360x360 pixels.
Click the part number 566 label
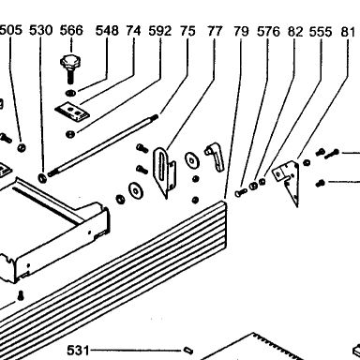click(x=71, y=30)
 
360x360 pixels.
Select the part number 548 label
click(x=107, y=31)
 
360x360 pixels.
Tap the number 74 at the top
click(x=133, y=31)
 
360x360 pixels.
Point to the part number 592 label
click(x=160, y=31)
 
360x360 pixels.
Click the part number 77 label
click(x=215, y=31)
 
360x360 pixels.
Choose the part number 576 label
click(x=268, y=32)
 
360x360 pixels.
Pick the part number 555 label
click(x=321, y=32)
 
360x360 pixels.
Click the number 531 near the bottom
click(x=78, y=351)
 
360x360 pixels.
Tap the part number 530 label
click(x=40, y=30)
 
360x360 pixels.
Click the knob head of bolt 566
click(x=70, y=62)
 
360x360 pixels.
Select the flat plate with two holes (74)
click(x=72, y=112)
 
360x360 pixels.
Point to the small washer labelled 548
click(x=71, y=93)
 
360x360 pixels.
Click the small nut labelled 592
click(x=70, y=134)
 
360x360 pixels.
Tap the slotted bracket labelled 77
click(x=164, y=172)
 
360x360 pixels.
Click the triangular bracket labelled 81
click(x=289, y=182)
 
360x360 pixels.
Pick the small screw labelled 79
click(x=241, y=192)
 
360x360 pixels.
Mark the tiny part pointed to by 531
click(x=187, y=350)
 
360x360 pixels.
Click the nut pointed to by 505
click(x=22, y=147)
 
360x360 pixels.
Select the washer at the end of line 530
click(x=42, y=178)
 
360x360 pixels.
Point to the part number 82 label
click(x=295, y=32)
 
